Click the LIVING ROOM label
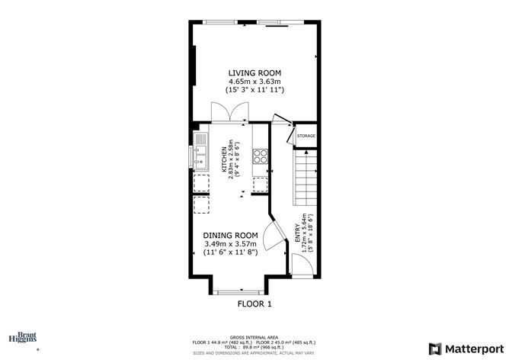(254, 72)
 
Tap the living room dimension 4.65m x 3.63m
(254, 81)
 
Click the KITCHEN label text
(225, 161)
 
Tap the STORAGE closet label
(306, 136)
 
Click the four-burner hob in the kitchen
(260, 156)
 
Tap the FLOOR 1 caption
(254, 304)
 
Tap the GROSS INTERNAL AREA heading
(254, 336)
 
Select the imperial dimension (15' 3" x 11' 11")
(254, 90)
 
